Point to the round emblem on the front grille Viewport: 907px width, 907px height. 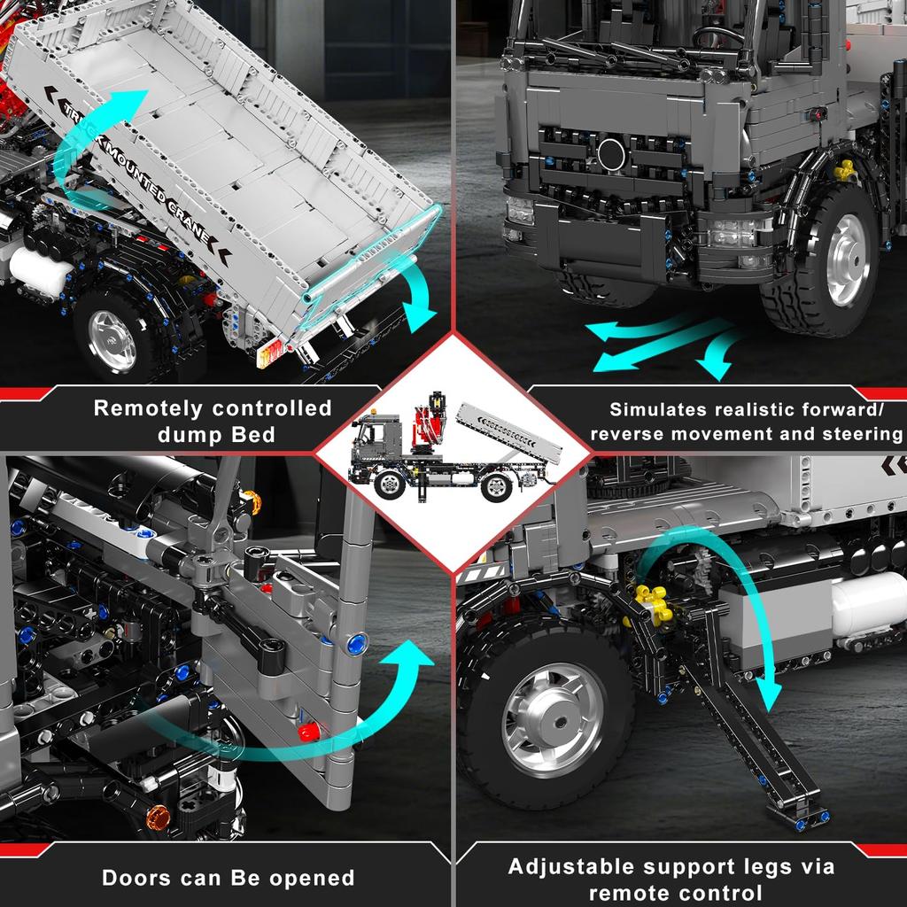click(x=611, y=153)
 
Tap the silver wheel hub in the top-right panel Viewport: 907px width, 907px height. click(x=848, y=260)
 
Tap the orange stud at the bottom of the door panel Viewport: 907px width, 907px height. click(x=159, y=814)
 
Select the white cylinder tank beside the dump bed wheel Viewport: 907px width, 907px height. click(x=40, y=272)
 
